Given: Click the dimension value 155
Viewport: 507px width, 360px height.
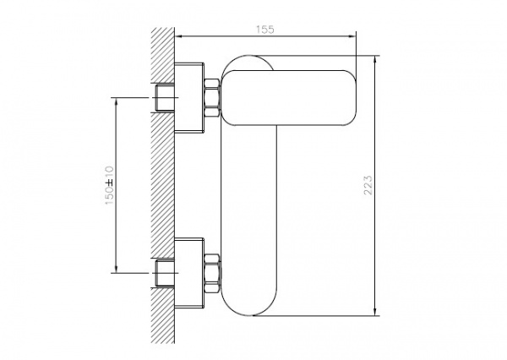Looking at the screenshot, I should coord(265,29).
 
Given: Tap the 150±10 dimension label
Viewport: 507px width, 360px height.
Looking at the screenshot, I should coord(110,183).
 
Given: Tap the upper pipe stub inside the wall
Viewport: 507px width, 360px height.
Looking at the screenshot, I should coord(166,98).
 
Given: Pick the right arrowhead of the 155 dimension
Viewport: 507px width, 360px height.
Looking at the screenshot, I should coord(353,35).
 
